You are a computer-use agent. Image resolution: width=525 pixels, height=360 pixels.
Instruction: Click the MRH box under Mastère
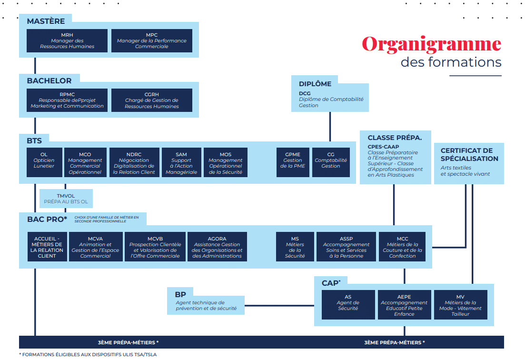(x=67, y=41)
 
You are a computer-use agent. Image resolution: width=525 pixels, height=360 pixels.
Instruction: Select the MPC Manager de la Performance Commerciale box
(x=152, y=41)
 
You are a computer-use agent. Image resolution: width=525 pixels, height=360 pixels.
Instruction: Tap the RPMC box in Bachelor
(x=67, y=100)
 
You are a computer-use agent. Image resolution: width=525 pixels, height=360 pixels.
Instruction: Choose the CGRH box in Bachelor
(x=152, y=100)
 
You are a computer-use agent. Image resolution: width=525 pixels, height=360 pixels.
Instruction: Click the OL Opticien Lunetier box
(x=44, y=162)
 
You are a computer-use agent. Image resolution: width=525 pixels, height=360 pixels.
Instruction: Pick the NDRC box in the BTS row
(x=134, y=162)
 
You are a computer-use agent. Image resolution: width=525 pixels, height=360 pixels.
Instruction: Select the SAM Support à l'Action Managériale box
(x=181, y=162)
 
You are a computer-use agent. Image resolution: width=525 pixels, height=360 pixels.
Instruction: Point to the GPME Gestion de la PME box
(x=293, y=162)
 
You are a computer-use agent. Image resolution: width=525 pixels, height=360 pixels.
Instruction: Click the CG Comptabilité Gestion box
(x=331, y=162)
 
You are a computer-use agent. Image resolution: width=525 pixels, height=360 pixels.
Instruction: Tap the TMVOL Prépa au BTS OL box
(x=66, y=199)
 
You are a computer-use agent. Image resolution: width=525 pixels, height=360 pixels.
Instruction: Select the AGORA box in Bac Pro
(x=217, y=247)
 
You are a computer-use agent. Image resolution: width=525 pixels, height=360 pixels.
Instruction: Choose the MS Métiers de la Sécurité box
(x=295, y=247)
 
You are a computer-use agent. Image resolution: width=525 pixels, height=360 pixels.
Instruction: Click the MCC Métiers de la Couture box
(x=403, y=247)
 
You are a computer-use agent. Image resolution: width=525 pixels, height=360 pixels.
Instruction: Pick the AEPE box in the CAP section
(x=404, y=305)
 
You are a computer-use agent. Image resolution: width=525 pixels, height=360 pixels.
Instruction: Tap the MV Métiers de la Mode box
(x=460, y=305)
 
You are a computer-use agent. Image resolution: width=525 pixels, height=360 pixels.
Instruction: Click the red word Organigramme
(x=431, y=44)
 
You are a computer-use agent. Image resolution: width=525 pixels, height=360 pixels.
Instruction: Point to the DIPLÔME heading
(x=315, y=84)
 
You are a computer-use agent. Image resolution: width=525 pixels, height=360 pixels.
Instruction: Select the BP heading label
(x=180, y=295)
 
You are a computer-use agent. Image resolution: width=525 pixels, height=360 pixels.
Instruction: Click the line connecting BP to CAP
(x=279, y=305)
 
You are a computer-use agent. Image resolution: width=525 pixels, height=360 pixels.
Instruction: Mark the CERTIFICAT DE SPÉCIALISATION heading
(x=469, y=155)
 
